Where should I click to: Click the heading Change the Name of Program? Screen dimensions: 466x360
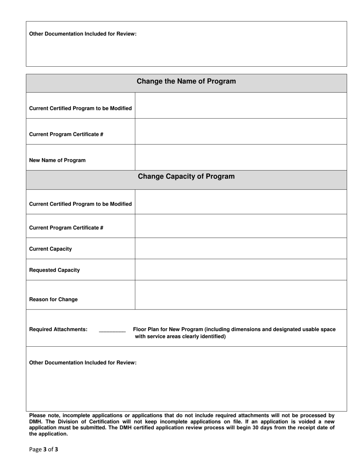coord(186,81)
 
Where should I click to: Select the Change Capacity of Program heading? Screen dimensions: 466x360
coord(186,177)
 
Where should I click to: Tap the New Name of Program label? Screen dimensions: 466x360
coord(57,160)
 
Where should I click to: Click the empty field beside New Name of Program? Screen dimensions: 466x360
coord(241,158)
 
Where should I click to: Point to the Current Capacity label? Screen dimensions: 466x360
coord(50,249)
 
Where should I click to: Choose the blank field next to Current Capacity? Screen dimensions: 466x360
coord(241,249)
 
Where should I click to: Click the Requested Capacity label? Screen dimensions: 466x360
coord(55,270)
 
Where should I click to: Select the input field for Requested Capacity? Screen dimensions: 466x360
coord(241,270)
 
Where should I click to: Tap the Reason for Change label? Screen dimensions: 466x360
coord(53,299)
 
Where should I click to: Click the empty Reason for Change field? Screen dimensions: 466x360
coord(241,295)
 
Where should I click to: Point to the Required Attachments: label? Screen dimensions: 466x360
coord(58,329)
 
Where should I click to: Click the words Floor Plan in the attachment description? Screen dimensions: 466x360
coord(146,329)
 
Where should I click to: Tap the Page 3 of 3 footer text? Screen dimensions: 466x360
coord(44,450)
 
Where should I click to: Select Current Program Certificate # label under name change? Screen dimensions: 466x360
coord(66,134)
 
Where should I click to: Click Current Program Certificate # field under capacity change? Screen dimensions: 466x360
coord(241,226)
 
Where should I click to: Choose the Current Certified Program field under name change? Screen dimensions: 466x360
coord(241,106)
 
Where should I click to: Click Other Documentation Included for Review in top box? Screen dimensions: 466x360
coord(83,34)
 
